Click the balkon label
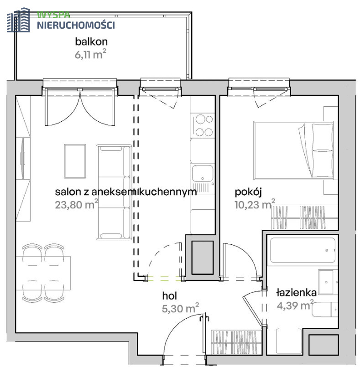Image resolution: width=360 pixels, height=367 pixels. click(91, 41)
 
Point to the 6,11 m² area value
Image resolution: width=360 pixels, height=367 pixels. click(90, 54)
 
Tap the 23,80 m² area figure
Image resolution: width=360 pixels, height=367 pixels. click(77, 204)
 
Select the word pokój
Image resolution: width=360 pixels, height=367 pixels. click(248, 192)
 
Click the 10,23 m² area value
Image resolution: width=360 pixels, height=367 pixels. click(255, 204)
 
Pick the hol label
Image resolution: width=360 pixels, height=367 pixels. click(170, 296)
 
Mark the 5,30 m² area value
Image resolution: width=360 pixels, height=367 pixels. click(180, 308)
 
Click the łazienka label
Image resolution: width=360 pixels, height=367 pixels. click(297, 293)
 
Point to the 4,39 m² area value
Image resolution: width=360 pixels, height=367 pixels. click(295, 305)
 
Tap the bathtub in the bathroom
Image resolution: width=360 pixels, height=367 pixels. click(303, 250)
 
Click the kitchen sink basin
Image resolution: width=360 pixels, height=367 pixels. click(203, 173)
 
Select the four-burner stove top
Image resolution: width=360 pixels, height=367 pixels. click(203, 125)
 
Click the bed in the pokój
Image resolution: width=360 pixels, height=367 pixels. click(294, 150)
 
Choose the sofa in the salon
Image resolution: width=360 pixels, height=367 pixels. click(115, 192)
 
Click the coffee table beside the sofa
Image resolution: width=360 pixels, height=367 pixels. click(75, 161)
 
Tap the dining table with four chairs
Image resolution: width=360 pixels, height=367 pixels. click(43, 273)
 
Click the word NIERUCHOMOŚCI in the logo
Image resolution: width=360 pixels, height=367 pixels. click(76, 25)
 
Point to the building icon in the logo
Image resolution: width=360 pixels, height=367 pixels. click(18, 20)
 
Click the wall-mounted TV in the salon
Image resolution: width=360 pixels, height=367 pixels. click(23, 158)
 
